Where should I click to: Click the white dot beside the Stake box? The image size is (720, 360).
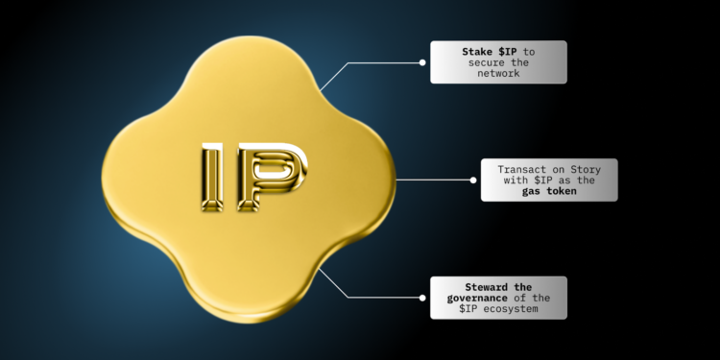(421, 62)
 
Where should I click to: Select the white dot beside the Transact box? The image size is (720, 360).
(473, 180)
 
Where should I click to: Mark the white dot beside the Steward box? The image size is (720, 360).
(421, 298)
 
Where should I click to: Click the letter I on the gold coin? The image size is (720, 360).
(213, 180)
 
